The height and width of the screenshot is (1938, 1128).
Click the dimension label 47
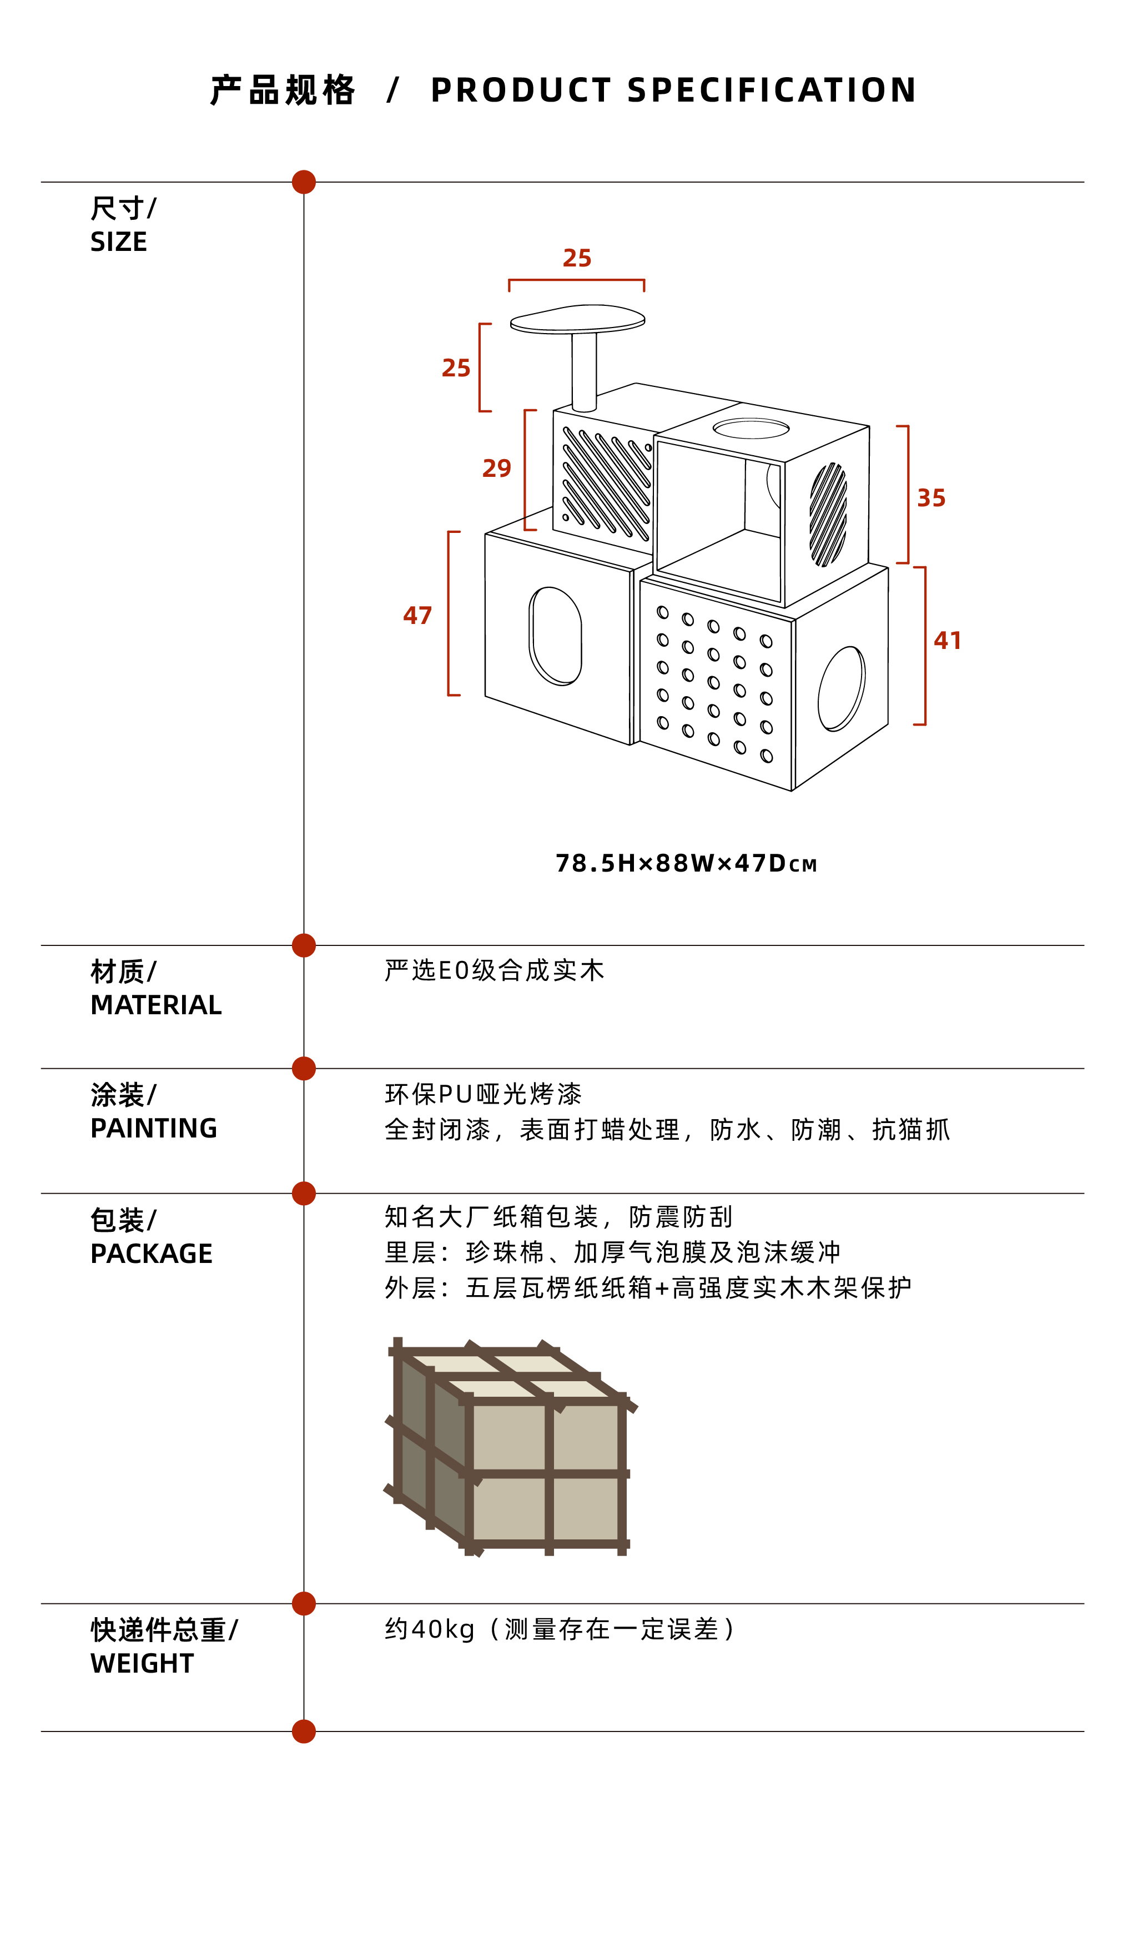click(x=417, y=615)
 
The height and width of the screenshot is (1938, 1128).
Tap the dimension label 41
click(x=946, y=641)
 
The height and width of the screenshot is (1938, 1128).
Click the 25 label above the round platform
click(x=577, y=258)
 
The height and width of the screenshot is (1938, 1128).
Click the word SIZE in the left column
click(x=118, y=242)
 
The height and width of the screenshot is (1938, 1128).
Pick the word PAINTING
click(x=153, y=1128)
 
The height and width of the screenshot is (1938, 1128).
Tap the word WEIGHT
click(x=142, y=1663)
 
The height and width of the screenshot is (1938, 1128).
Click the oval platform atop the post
click(x=577, y=319)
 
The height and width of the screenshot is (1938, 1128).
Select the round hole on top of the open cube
click(x=751, y=429)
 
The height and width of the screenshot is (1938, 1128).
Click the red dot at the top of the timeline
click(x=304, y=182)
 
